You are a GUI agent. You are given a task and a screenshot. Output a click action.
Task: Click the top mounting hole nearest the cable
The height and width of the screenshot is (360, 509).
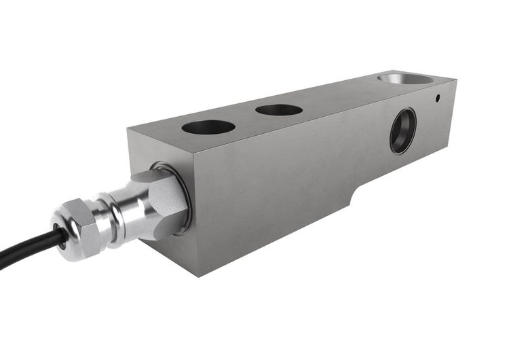coord(208,127)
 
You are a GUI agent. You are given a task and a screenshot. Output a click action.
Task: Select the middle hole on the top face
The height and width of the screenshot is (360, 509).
coord(279,109)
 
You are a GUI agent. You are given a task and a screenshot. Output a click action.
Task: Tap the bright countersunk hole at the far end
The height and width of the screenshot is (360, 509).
coord(406,79)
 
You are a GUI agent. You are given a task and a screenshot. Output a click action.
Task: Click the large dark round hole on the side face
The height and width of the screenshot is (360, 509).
coord(402,130)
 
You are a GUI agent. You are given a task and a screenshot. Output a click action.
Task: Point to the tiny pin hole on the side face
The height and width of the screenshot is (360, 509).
coord(438,98)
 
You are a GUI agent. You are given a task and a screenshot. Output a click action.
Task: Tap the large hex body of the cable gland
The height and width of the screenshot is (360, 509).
coord(164,200)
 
